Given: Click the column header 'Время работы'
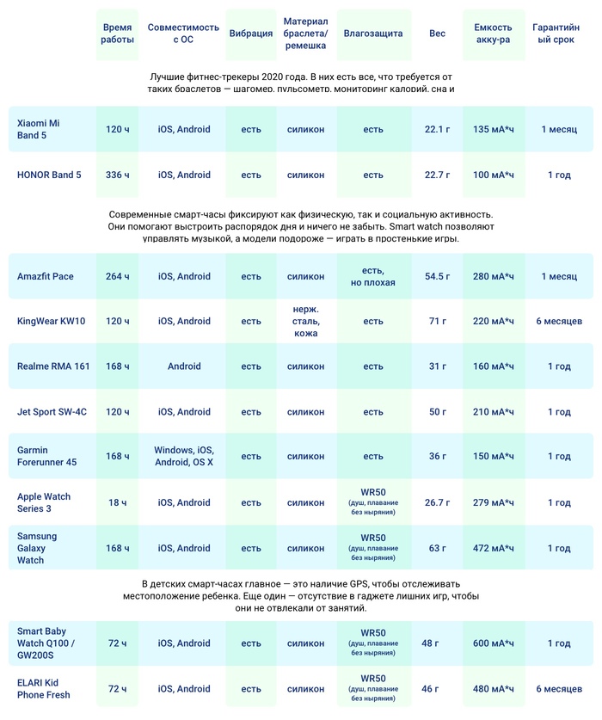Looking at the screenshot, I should click(x=117, y=34).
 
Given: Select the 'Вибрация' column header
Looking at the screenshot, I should click(x=251, y=34).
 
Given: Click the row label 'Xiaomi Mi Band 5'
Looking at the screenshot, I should click(x=39, y=129).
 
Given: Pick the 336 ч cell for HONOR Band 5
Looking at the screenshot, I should click(x=117, y=175).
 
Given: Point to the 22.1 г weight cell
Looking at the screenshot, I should click(x=437, y=129).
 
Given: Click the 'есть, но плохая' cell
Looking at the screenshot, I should click(x=372, y=276).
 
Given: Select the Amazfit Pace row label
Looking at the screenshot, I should click(x=46, y=276).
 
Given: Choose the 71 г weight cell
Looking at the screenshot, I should click(x=437, y=321).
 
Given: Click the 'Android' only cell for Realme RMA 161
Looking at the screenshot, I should click(x=184, y=366).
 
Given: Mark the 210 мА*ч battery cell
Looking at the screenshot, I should click(x=494, y=412).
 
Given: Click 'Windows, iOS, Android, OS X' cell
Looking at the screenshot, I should click(x=184, y=456).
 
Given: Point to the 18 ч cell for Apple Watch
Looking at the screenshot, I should click(x=117, y=502).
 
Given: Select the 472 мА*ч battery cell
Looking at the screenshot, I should click(x=494, y=548).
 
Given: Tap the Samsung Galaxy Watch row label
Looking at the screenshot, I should click(x=37, y=548).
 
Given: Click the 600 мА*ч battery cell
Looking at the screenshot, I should click(x=494, y=643).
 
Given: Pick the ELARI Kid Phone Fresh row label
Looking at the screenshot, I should click(x=44, y=688).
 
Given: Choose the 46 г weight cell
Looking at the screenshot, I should click(x=430, y=688).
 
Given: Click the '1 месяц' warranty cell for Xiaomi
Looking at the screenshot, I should click(x=559, y=129).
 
